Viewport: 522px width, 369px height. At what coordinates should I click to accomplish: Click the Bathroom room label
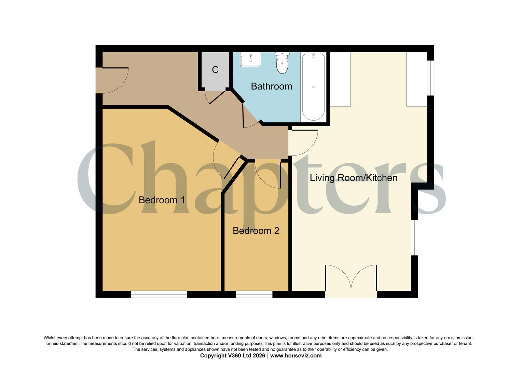(x=271, y=86)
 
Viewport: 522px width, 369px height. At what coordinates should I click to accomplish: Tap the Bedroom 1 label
(x=162, y=200)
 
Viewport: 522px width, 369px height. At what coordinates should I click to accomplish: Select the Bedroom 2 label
(x=256, y=231)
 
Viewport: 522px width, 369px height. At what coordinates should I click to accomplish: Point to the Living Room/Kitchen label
(x=353, y=178)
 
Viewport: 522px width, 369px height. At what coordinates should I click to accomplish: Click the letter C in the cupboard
(x=215, y=70)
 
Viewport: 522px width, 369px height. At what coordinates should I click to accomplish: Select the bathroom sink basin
(x=250, y=60)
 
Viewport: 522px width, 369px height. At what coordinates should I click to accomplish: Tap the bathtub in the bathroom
(x=313, y=87)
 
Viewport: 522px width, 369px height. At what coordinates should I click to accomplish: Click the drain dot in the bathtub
(x=313, y=87)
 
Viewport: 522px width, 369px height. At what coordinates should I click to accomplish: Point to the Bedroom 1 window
(x=159, y=294)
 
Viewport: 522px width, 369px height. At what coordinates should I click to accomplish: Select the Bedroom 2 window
(x=254, y=294)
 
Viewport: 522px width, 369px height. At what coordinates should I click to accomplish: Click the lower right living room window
(x=414, y=237)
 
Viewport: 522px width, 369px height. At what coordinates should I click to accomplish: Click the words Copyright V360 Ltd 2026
(x=232, y=356)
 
